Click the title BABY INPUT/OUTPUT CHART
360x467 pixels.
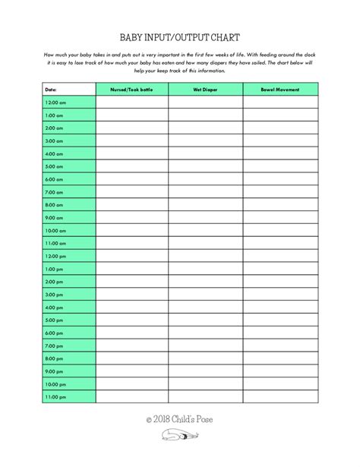pyautogui.click(x=180, y=36)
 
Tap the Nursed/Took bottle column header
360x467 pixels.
pyautogui.click(x=131, y=90)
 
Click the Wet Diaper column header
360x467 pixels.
pyautogui.click(x=205, y=90)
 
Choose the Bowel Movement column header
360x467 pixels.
pyautogui.click(x=279, y=90)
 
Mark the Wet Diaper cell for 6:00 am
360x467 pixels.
pyautogui.click(x=205, y=179)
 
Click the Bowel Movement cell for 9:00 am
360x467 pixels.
pyautogui.click(x=279, y=218)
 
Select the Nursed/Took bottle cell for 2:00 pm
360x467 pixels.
pyautogui.click(x=131, y=282)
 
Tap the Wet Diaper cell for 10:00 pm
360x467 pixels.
pyautogui.click(x=205, y=384)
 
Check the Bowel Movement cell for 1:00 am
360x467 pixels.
pyautogui.click(x=279, y=115)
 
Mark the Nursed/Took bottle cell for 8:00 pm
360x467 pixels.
pyautogui.click(x=131, y=358)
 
